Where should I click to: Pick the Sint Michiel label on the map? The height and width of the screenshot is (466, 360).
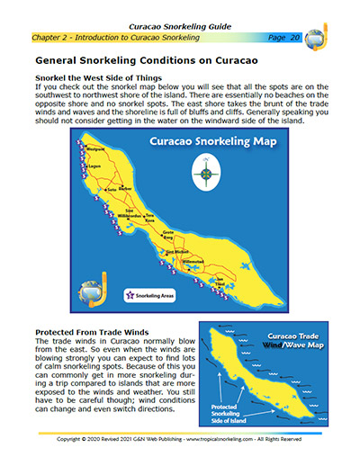[x=176, y=250]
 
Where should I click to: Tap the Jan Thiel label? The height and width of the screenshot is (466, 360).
[x=220, y=282]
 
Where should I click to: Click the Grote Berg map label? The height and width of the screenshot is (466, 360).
[x=168, y=237]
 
